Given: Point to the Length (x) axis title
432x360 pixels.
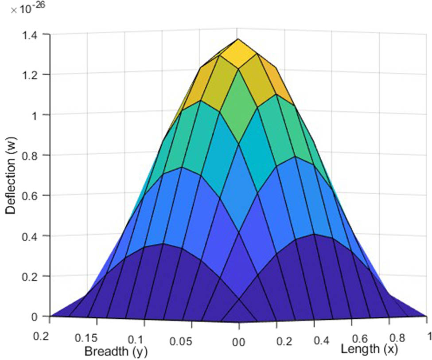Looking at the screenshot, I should pyautogui.click(x=369, y=350).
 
